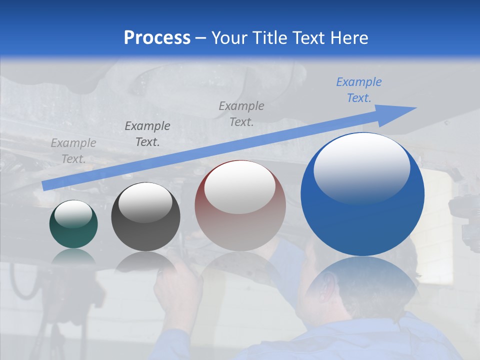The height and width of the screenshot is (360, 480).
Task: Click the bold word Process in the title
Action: [157, 37]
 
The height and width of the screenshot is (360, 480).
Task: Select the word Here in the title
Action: [348, 37]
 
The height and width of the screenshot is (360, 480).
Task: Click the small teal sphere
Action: [73, 224]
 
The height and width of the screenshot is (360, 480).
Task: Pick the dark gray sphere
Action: [145, 217]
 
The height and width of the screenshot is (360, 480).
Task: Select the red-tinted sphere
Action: [240, 205]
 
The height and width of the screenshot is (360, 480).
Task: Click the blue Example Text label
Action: [359, 90]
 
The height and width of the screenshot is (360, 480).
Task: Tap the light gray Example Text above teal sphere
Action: [73, 151]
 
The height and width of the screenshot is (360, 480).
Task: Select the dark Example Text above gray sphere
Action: [147, 134]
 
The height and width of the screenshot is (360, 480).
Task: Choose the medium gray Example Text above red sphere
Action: [241, 114]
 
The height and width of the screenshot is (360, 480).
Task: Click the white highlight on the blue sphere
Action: [362, 167]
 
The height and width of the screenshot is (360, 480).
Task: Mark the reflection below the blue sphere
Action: [362, 280]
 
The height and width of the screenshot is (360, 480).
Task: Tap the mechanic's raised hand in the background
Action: [175, 285]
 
